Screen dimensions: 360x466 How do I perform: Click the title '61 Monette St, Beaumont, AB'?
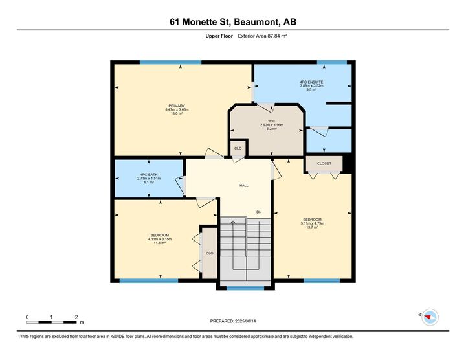(x=232, y=22)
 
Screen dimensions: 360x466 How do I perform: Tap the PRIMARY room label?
(x=177, y=106)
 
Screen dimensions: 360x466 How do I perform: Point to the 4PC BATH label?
(x=148, y=174)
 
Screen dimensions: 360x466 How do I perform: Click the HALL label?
(x=244, y=186)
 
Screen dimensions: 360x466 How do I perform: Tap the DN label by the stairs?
(x=258, y=212)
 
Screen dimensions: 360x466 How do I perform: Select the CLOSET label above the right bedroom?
(x=324, y=163)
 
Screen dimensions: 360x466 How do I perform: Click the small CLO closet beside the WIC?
(x=238, y=148)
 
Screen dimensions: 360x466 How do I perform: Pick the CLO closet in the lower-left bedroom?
(x=209, y=253)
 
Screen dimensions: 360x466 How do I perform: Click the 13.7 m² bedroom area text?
(x=312, y=228)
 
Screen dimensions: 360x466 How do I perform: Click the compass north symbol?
(x=429, y=317)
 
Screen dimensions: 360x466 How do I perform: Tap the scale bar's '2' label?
(x=76, y=317)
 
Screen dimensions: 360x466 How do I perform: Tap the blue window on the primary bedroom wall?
(x=170, y=62)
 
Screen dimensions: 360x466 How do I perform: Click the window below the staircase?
(x=245, y=287)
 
